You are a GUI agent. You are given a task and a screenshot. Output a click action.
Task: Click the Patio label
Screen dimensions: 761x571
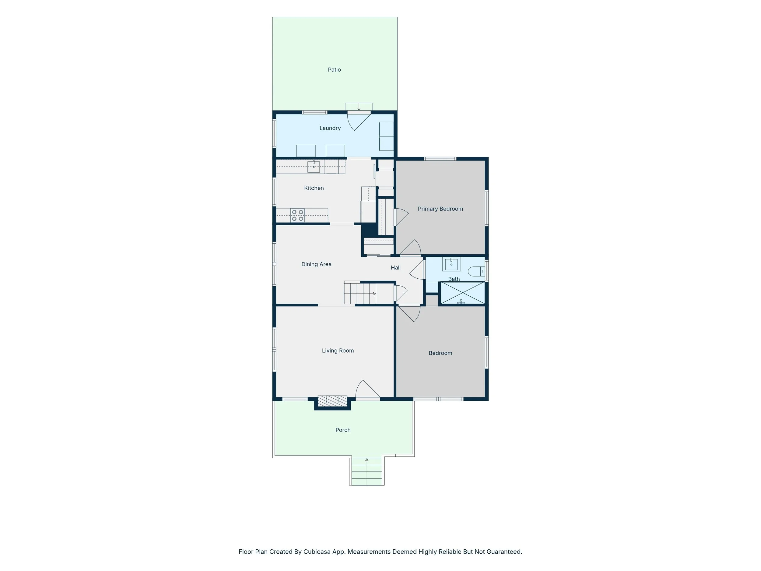334,69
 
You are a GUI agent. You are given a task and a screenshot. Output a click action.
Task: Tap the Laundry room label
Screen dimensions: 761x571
330,128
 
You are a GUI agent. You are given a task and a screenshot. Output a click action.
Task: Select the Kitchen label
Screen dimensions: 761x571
314,188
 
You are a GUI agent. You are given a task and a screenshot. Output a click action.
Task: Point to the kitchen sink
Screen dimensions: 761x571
314,167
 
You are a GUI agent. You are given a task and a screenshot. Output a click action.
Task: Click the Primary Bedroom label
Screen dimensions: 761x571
440,209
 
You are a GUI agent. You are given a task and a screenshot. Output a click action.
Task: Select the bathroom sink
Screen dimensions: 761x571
451,264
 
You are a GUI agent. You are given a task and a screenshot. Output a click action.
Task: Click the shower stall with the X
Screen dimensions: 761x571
463,293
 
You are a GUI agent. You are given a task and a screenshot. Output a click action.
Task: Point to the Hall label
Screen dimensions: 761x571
396,267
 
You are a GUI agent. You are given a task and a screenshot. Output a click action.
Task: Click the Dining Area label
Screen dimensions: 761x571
316,264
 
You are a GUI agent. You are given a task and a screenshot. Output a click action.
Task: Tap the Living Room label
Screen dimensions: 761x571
338,351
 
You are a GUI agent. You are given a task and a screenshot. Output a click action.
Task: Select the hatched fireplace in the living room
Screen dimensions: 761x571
332,401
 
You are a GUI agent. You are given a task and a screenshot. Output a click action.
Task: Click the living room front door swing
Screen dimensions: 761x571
367,389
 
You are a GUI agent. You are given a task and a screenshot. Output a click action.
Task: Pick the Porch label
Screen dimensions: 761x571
343,430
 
